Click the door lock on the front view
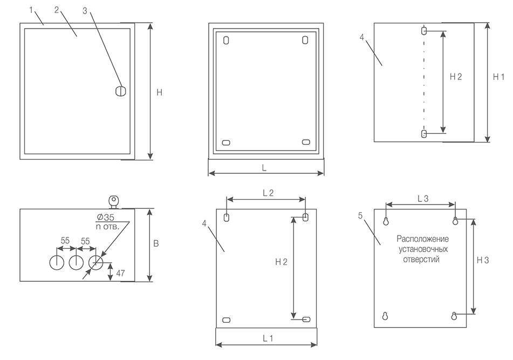point(121,91)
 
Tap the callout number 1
point(31,10)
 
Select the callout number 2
point(57,10)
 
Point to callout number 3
point(85,11)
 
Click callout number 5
point(360,216)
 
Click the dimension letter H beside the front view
point(159,93)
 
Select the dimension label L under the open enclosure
point(264,168)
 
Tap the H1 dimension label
point(498,77)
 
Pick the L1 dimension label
point(268,338)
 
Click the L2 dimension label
point(268,193)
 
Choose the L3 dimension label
point(423,199)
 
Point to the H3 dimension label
point(483,260)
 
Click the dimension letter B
point(156,244)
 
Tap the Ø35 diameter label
point(105,217)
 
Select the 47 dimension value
point(120,273)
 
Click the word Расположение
point(423,239)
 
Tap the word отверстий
point(421,260)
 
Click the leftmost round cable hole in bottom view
point(57,262)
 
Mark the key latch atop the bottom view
point(114,202)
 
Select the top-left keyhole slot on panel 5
point(386,221)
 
